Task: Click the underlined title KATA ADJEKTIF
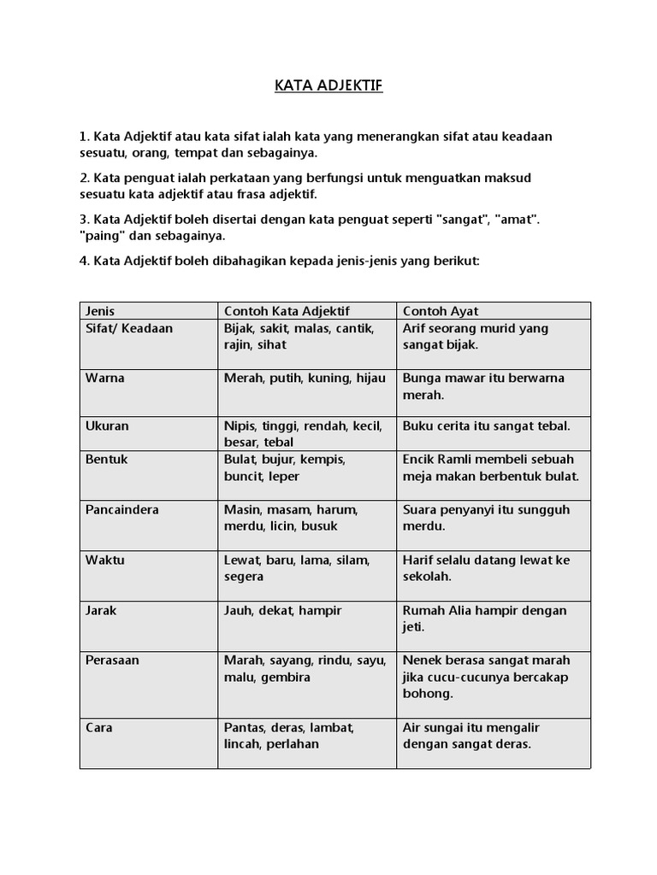click(x=328, y=86)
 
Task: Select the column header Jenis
click(x=101, y=311)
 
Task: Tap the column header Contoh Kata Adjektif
click(x=287, y=311)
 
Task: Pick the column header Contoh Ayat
click(x=441, y=311)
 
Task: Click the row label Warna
click(x=104, y=378)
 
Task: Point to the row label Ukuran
click(x=107, y=425)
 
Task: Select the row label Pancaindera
click(x=121, y=509)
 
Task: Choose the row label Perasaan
click(x=112, y=660)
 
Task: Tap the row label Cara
click(x=98, y=727)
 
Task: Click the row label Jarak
click(x=102, y=610)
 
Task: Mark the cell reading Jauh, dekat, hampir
click(x=282, y=610)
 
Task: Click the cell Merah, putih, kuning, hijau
click(x=305, y=378)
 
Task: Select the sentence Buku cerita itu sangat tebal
click(x=485, y=425)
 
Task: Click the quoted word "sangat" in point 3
click(x=462, y=220)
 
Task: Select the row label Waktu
click(x=104, y=560)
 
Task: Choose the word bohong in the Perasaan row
click(x=427, y=693)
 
